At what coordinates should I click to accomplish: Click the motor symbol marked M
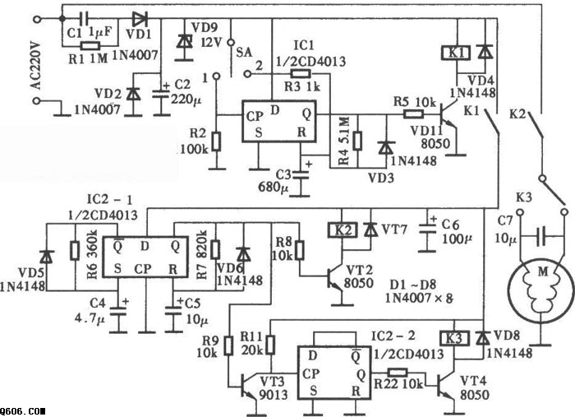540,290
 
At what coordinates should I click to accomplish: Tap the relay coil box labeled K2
343,230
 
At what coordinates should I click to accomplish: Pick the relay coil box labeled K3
454,338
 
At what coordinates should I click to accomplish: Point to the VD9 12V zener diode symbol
184,41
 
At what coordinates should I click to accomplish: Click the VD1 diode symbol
140,18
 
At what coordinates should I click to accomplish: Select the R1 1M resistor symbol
90,46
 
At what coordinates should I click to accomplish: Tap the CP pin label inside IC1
255,117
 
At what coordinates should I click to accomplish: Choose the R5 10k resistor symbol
414,114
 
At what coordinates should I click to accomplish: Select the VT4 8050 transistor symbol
445,389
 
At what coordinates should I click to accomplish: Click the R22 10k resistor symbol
397,373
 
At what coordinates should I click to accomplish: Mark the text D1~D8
412,285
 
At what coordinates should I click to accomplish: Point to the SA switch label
244,52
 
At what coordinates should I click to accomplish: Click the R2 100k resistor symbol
217,141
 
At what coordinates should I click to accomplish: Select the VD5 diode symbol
47,257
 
